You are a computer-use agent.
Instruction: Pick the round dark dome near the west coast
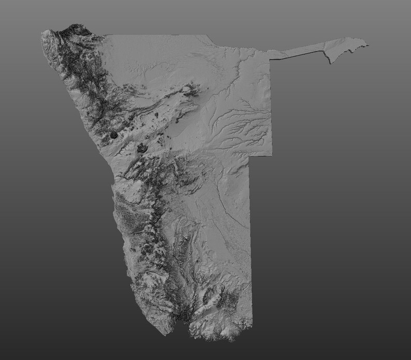click(114, 135)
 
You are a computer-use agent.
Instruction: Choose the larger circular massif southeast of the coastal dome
click(142, 149)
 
